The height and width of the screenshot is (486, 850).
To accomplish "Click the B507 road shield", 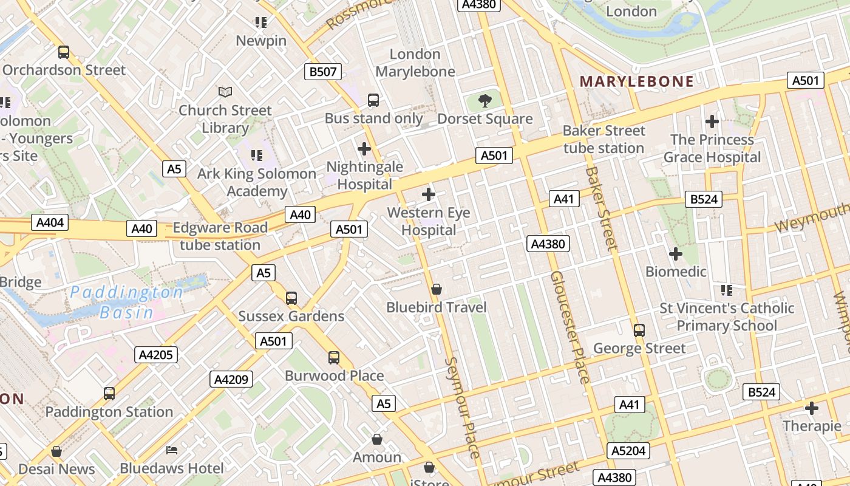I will pyautogui.click(x=322, y=72).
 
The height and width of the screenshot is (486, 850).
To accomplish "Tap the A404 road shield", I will pyautogui.click(x=50, y=222).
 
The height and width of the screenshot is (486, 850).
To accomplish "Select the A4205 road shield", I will pyautogui.click(x=156, y=355).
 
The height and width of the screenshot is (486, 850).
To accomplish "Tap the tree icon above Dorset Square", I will pyautogui.click(x=484, y=101).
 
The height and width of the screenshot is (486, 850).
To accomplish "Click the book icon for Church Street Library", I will pyautogui.click(x=225, y=92).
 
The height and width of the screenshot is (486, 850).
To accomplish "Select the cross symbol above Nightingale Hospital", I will pyautogui.click(x=364, y=149).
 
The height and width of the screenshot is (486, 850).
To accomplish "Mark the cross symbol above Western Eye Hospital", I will pyautogui.click(x=429, y=194).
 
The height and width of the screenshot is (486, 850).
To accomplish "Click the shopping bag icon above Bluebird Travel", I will pyautogui.click(x=436, y=289).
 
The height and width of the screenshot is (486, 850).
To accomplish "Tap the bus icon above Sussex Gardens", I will pyautogui.click(x=291, y=298).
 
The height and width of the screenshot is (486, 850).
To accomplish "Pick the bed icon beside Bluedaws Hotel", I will pyautogui.click(x=172, y=450).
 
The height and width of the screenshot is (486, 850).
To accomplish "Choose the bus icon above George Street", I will pyautogui.click(x=639, y=330).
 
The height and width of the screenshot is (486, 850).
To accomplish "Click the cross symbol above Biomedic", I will pyautogui.click(x=675, y=253).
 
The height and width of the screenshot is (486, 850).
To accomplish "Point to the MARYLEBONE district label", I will pyautogui.click(x=636, y=81).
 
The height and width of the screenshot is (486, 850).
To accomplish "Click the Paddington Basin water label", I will pyautogui.click(x=126, y=303).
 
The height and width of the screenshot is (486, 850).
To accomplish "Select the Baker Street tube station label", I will pyautogui.click(x=603, y=140).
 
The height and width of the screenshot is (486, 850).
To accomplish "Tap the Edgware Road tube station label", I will pyautogui.click(x=220, y=236).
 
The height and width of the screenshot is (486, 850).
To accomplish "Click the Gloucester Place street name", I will pyautogui.click(x=569, y=327).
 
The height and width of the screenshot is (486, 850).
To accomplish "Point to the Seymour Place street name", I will pyautogui.click(x=463, y=407).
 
